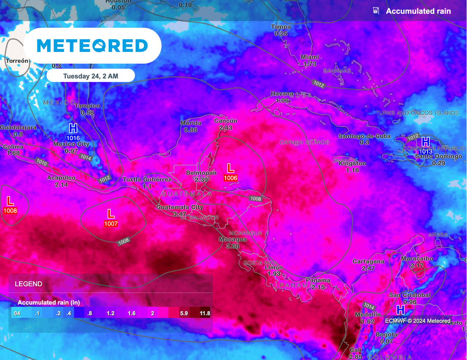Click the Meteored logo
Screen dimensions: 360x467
92,46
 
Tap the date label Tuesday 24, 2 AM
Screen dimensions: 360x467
90,76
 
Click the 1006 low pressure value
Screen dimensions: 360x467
231,178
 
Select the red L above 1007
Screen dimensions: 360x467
111,214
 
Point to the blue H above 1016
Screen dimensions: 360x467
73,128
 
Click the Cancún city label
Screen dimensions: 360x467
225,121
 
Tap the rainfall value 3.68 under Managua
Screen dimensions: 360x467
233,246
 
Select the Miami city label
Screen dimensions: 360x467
310,57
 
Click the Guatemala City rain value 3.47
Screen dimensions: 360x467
180,214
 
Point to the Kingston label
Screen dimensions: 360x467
352,163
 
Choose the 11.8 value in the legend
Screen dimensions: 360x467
205,313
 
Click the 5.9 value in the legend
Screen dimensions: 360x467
184,313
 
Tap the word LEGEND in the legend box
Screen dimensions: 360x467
28,284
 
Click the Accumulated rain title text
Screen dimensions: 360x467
418,11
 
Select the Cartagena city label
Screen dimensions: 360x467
368,261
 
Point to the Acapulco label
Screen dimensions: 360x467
61,178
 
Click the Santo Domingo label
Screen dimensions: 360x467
439,156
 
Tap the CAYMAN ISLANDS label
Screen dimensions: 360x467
304,142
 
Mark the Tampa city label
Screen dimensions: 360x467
281,27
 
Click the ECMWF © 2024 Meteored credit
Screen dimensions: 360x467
418,321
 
